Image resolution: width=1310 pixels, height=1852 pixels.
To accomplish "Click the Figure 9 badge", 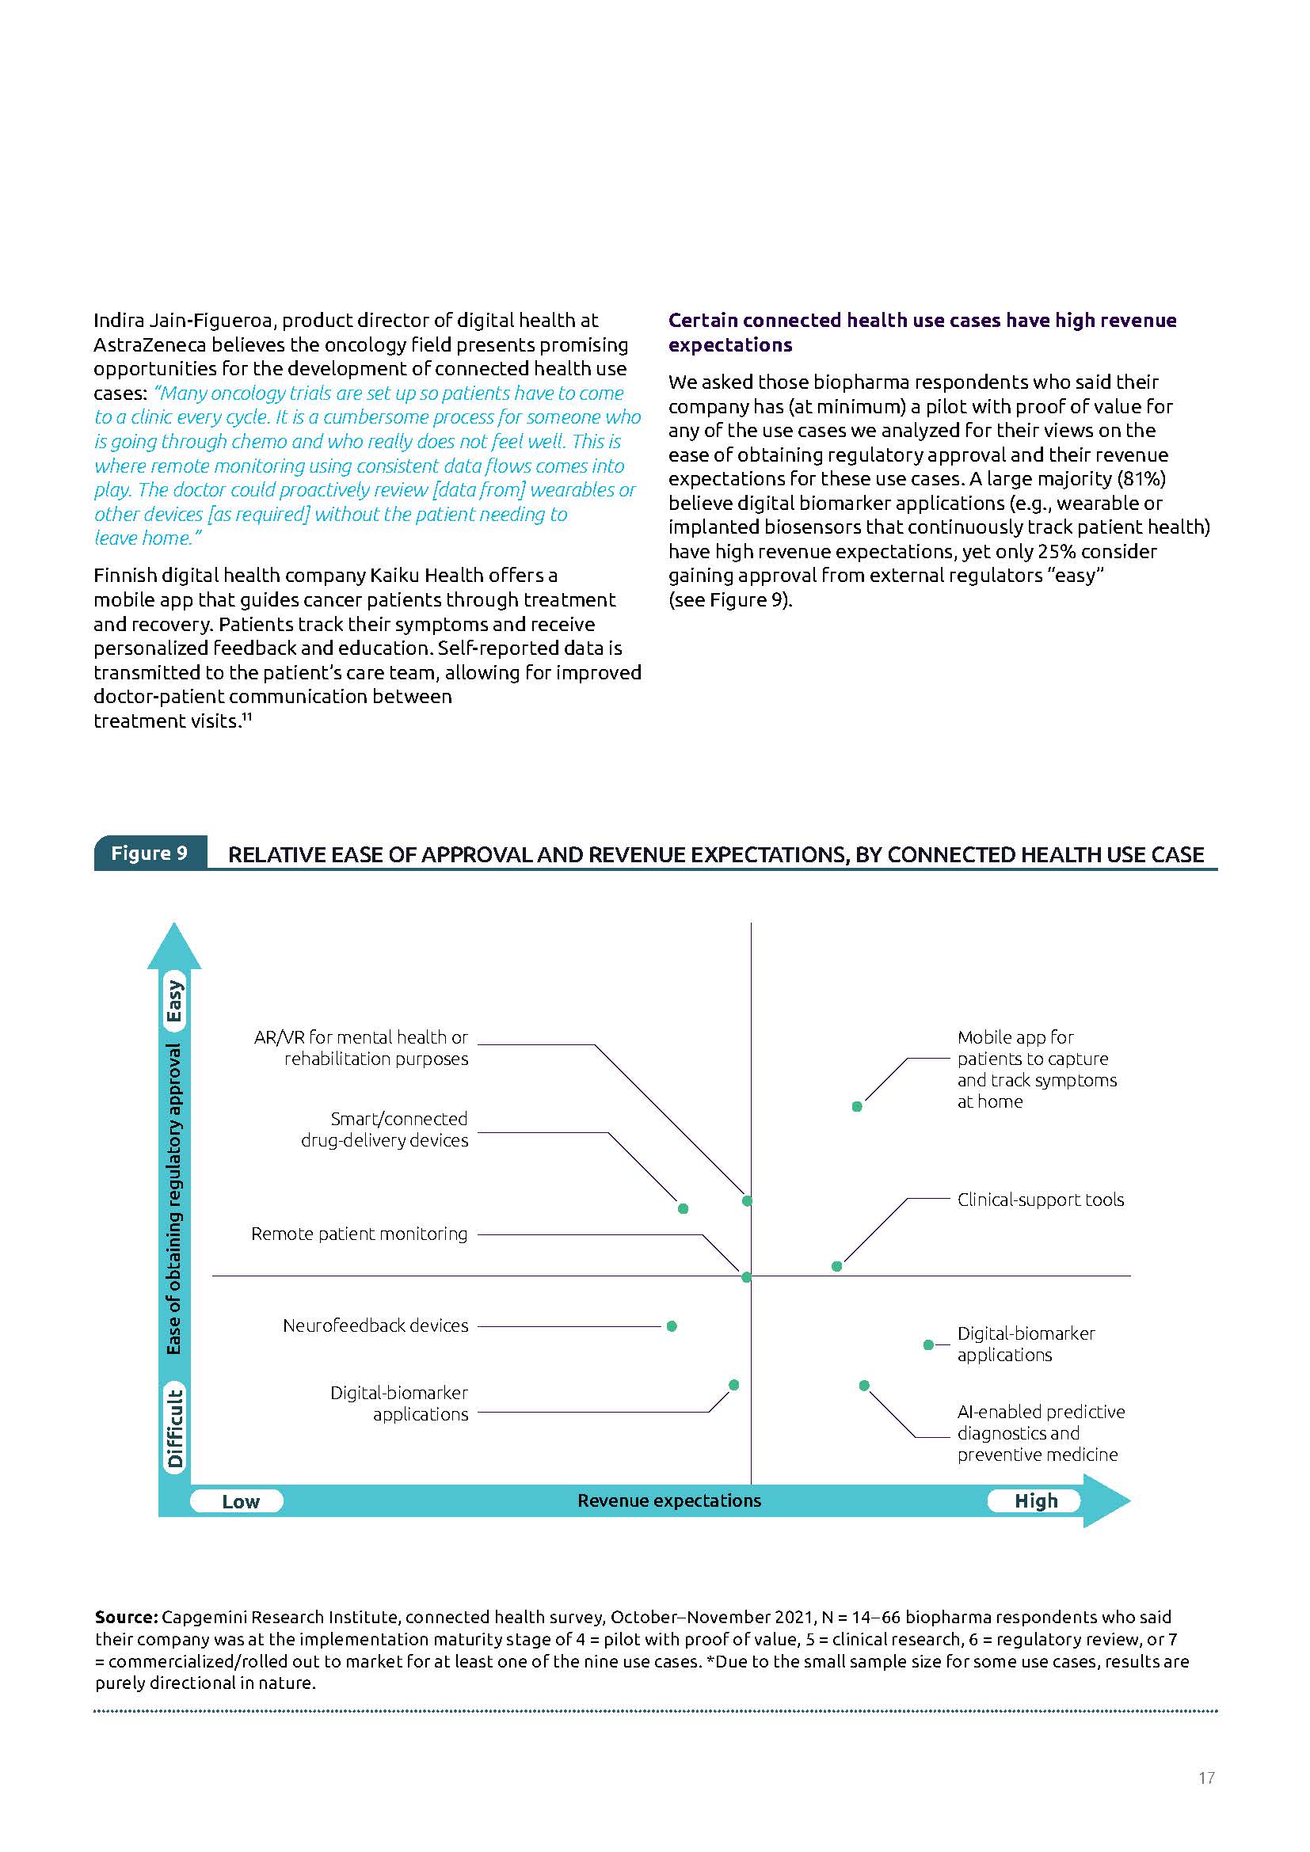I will coord(150,853).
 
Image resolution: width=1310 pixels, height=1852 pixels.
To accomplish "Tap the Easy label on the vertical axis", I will coord(175,1000).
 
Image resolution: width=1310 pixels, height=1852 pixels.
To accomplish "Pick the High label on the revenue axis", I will coord(1036,1500).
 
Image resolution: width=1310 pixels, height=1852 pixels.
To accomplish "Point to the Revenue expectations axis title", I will coord(668,1500).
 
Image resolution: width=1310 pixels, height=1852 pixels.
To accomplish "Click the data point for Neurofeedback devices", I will coord(672,1326).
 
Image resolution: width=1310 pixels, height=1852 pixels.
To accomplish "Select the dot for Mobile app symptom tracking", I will coord(857,1107).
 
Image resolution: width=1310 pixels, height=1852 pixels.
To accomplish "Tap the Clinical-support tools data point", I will coord(836,1266).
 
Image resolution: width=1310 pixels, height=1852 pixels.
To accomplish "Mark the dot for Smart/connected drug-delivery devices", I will coord(684,1208).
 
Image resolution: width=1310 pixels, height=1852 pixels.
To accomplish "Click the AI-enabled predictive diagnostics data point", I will coord(864,1386).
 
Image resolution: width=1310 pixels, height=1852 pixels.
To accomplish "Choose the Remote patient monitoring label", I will coord(359,1234).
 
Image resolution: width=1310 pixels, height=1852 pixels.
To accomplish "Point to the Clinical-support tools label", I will coord(1041,1200).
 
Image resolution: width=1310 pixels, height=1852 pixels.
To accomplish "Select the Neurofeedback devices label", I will coord(375,1325).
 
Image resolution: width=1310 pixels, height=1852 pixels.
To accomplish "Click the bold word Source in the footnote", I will coord(126,1618).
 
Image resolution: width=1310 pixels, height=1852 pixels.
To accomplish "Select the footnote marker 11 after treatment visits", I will coord(247,717).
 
